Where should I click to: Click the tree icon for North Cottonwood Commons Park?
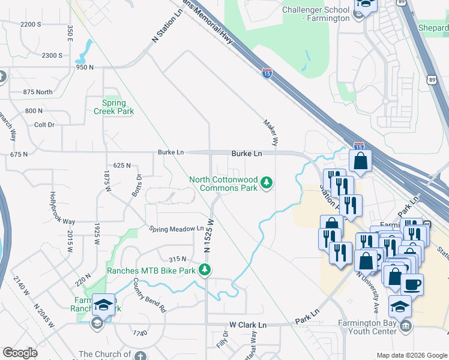(x=267, y=183)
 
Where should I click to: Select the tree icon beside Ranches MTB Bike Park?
(x=205, y=270)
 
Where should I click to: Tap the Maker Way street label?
(x=271, y=132)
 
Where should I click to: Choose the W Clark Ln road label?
(x=247, y=325)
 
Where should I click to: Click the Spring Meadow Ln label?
(x=176, y=229)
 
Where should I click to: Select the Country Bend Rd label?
(x=149, y=295)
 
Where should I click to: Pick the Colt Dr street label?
(x=44, y=125)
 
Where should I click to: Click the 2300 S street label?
(x=52, y=55)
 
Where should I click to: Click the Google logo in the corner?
(x=20, y=353)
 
